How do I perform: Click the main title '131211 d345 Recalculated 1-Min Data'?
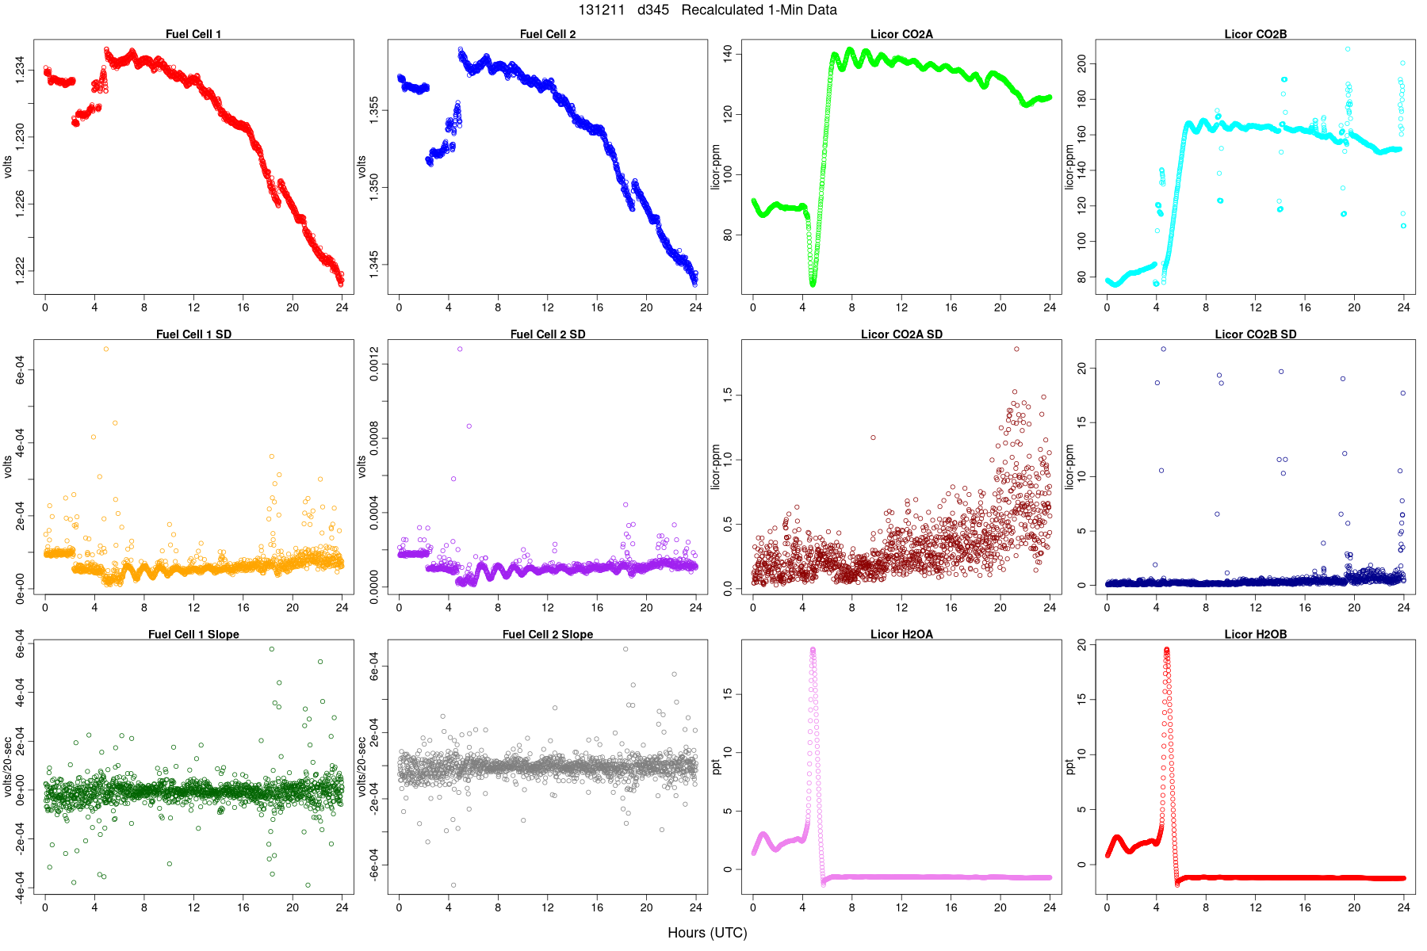point(707,10)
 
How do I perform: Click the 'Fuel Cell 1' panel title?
point(193,34)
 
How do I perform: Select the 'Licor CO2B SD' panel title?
point(1256,334)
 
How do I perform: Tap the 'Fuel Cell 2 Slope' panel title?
point(548,635)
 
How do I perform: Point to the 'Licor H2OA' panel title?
point(901,635)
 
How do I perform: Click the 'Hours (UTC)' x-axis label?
point(707,933)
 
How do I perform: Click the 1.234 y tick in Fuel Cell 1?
point(20,71)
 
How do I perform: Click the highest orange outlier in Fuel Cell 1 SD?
point(106,349)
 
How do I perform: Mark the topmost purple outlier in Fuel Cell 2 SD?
point(460,349)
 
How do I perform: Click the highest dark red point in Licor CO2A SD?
point(1016,349)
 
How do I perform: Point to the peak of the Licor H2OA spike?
point(813,650)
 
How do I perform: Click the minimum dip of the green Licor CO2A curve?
point(813,283)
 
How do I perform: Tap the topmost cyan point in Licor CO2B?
point(1348,49)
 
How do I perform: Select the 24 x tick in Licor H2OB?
point(1403,907)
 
